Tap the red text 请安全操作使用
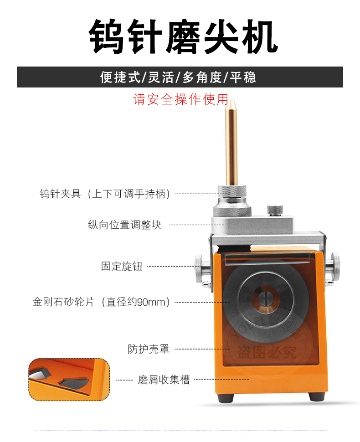click(180, 99)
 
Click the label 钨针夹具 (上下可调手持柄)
click(105, 194)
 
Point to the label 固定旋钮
click(122, 266)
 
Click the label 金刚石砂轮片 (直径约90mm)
click(101, 302)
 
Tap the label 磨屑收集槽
click(164, 380)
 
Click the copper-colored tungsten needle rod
click(231, 146)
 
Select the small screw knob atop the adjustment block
click(275, 210)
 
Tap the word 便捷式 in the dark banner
click(120, 77)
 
